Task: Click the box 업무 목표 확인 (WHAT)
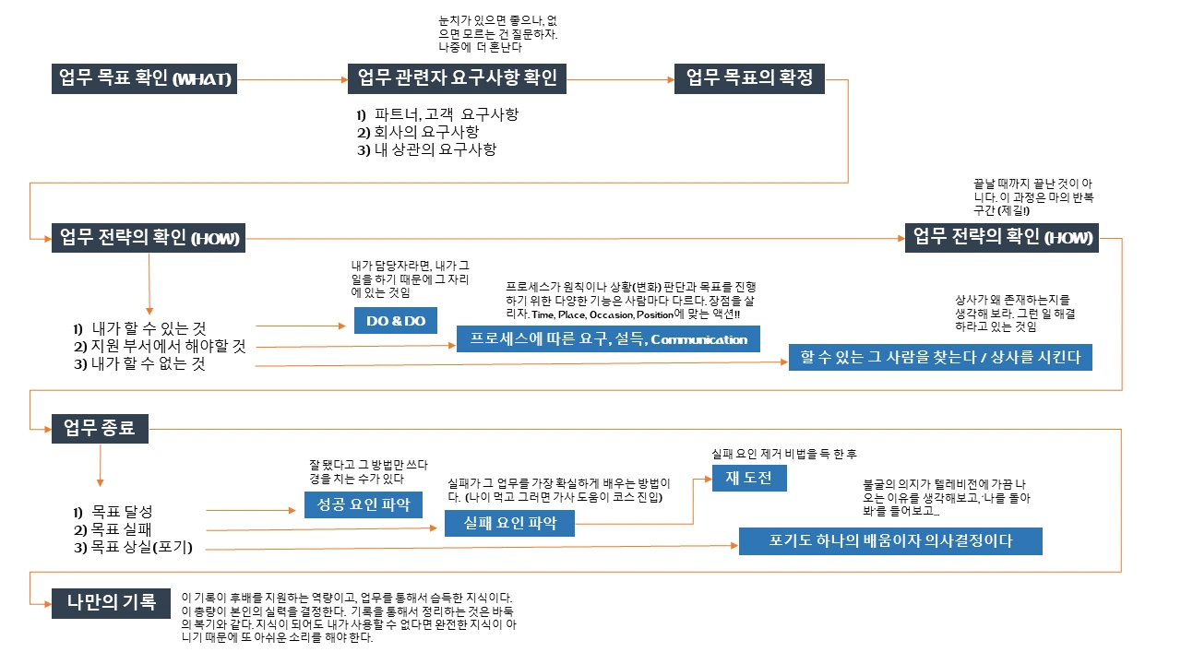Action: [x=145, y=79]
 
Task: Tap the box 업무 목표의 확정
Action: [x=749, y=78]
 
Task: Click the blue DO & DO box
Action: [x=396, y=320]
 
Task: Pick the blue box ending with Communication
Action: [x=608, y=338]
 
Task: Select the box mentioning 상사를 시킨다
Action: [x=940, y=357]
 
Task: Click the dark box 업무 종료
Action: [x=100, y=429]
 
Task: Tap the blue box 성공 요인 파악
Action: [x=364, y=504]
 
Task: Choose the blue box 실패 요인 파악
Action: [x=508, y=523]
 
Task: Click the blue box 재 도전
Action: [x=748, y=478]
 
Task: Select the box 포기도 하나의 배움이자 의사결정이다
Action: [x=890, y=541]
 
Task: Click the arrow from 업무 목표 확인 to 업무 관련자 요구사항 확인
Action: [x=292, y=80]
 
